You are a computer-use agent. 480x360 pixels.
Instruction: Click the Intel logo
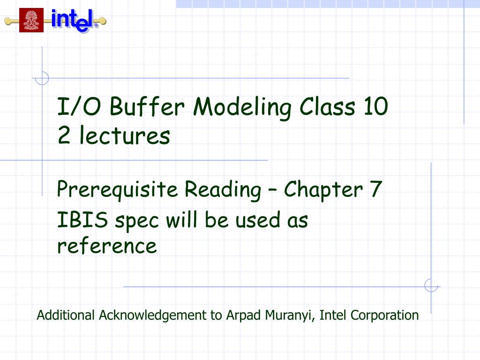click(75, 21)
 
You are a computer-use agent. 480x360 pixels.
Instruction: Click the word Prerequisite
click(117, 190)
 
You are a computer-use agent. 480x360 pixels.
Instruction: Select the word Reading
click(223, 190)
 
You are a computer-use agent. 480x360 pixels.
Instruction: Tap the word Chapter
click(323, 190)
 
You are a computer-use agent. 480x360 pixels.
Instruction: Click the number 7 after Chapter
click(375, 190)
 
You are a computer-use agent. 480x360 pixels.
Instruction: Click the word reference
click(107, 246)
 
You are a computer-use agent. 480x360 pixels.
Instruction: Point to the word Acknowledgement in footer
click(153, 315)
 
